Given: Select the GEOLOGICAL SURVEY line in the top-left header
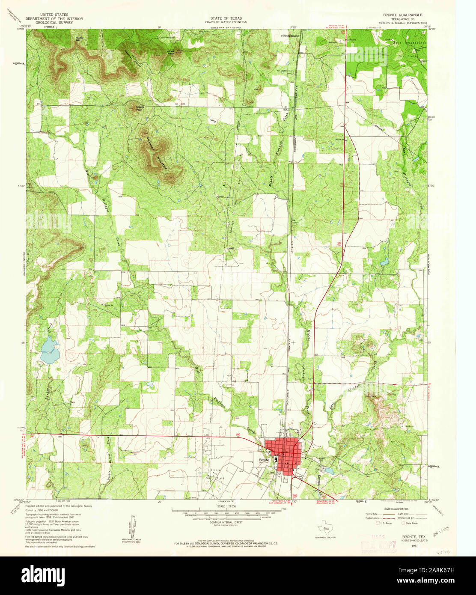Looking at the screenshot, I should click(54, 23).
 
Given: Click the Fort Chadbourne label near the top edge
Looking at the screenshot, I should click(290, 36).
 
